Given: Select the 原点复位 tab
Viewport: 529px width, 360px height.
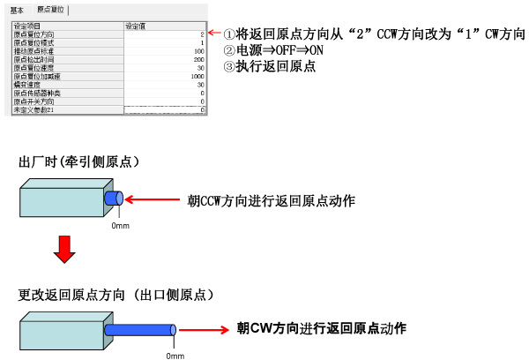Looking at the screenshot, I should [51, 10].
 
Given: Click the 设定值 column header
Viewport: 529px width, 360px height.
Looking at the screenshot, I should [139, 26].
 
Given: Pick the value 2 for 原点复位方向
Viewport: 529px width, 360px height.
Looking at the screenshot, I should [201, 34].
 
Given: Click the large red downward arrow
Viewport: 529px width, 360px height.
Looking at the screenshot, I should [62, 251].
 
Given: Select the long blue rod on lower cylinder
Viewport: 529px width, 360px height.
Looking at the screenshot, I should [140, 331].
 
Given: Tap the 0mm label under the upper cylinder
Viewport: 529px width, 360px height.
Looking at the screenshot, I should [121, 226].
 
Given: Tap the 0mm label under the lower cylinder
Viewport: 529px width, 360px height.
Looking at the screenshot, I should [175, 356].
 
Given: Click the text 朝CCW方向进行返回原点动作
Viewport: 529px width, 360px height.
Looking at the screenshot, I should [272, 200].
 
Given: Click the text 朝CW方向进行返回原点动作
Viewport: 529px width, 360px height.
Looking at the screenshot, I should [322, 327].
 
